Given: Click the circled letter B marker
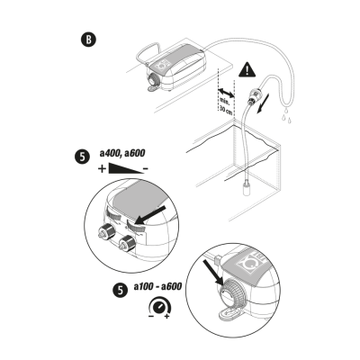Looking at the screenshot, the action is [x=88, y=40].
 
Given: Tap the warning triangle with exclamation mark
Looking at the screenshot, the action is [x=247, y=69].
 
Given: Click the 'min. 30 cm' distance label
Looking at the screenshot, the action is [x=226, y=106].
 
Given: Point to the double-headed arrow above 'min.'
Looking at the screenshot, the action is [x=226, y=93].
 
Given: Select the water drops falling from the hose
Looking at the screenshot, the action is [x=286, y=115].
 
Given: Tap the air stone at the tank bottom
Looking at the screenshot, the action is [x=247, y=186].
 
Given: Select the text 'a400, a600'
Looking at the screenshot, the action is [x=122, y=153].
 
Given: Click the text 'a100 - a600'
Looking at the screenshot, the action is [x=157, y=287].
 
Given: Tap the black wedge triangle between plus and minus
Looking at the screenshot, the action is [x=126, y=168].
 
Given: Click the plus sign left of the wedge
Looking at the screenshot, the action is [x=102, y=169].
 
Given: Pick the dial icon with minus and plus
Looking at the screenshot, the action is [x=160, y=307].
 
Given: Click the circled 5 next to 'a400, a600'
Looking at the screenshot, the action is [x=81, y=157].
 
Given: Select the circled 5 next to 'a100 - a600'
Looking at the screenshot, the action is [x=121, y=291].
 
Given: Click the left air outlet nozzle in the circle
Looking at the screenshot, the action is [x=106, y=232].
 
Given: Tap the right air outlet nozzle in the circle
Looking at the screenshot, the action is [x=127, y=244].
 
